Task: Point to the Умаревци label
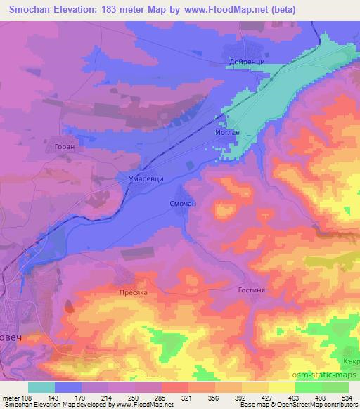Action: point(146,179)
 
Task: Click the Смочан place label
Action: point(182,204)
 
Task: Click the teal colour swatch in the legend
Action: point(41,387)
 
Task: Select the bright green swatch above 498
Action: point(309,387)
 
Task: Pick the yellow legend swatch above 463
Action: point(282,387)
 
